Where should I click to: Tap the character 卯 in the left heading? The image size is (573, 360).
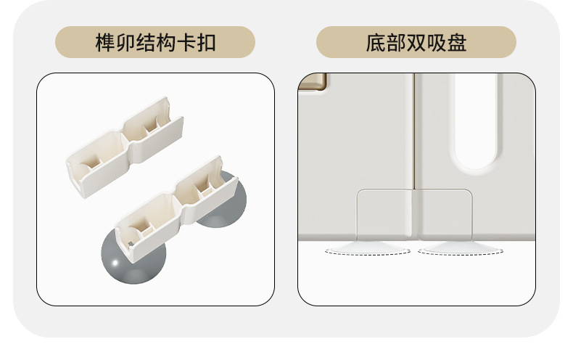(126, 42)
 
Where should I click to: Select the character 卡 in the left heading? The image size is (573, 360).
(187, 42)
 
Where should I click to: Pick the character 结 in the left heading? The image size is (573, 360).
(147, 42)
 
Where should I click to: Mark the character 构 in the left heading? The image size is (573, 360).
(167, 42)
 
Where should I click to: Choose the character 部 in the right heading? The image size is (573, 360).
(396, 42)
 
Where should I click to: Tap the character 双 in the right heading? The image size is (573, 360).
(416, 42)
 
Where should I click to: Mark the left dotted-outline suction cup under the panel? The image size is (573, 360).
(367, 250)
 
